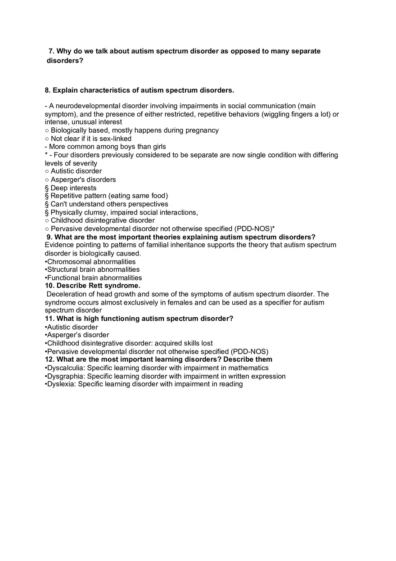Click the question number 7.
pos(51,51)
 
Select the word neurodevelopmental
pos(88,106)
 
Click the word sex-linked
pos(115,139)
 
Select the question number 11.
pos(49,319)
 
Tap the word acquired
pos(168,343)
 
